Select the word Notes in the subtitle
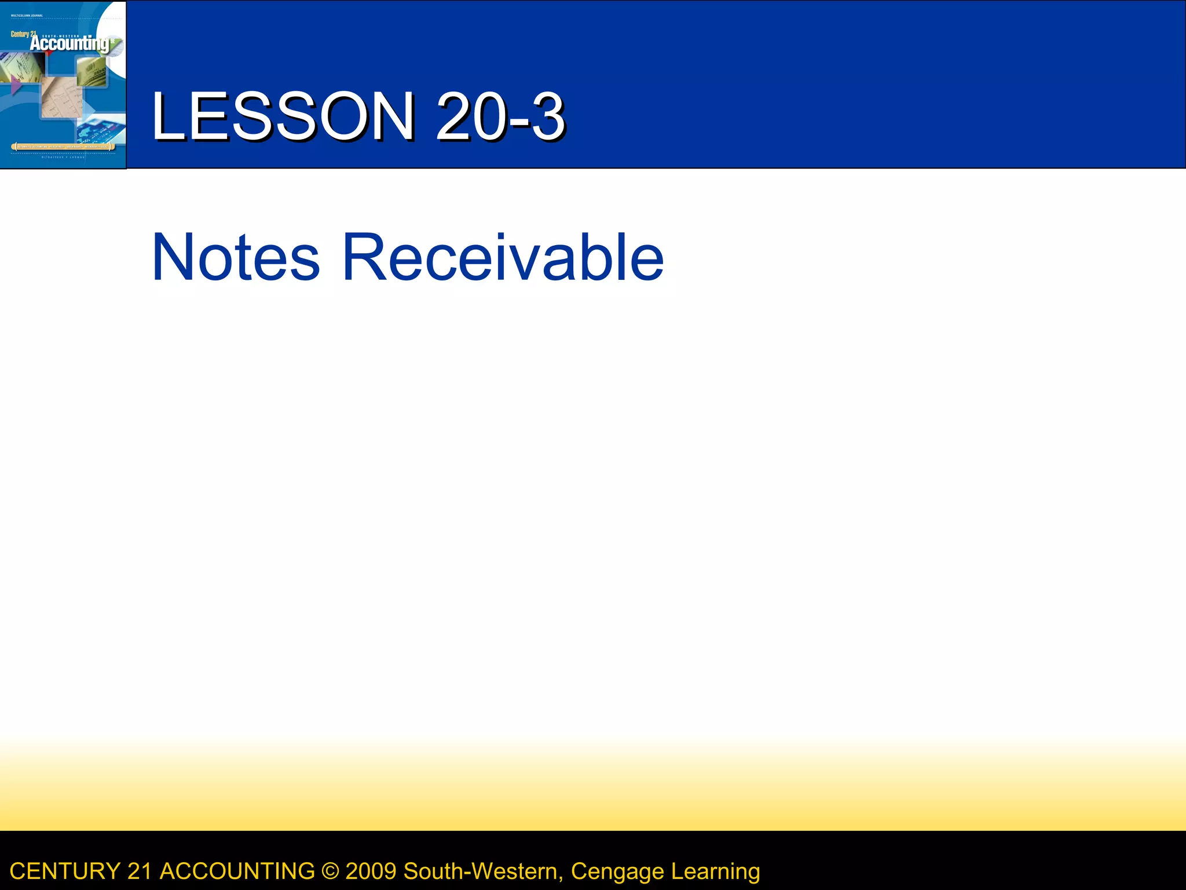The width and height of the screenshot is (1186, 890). (235, 257)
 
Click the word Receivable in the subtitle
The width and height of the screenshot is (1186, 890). (503, 257)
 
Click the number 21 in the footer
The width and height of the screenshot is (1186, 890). (140, 871)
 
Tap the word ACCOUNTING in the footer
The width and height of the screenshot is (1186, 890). (237, 871)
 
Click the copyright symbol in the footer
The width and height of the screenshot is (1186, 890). (330, 871)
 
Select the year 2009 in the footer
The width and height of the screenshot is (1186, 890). (371, 871)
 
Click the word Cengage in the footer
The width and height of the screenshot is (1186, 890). (617, 871)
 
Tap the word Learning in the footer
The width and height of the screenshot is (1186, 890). (715, 871)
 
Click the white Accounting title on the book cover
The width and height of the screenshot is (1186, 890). (69, 44)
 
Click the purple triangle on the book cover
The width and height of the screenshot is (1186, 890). (16, 86)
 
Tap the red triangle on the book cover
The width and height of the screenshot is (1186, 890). (49, 53)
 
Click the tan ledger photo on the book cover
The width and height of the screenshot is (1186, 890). (61, 99)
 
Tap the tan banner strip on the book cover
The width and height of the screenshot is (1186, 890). (63, 147)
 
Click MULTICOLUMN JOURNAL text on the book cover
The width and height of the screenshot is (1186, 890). (27, 16)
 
